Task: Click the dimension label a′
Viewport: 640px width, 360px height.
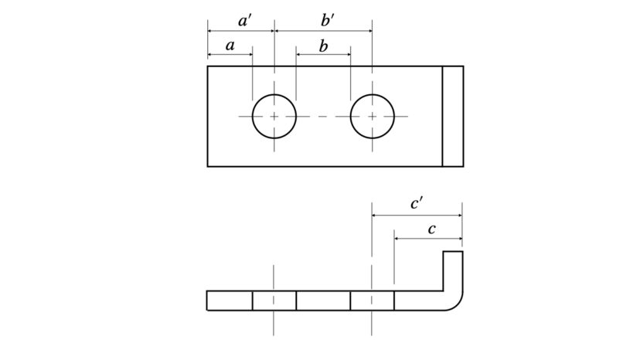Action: tap(244, 21)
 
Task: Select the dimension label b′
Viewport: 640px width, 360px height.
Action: tap(328, 20)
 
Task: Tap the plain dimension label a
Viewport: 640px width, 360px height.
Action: tap(230, 46)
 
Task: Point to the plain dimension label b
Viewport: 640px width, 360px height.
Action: tap(323, 46)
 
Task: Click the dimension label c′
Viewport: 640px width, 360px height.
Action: tap(417, 204)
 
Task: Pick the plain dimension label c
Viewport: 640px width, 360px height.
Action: tap(432, 229)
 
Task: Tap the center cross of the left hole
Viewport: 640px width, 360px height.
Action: tap(274, 117)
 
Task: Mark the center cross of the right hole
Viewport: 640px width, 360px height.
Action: tap(373, 117)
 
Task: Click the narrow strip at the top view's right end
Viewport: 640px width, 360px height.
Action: tap(453, 117)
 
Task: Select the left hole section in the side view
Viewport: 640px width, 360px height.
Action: tap(274, 301)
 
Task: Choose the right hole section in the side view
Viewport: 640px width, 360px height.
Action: tap(373, 301)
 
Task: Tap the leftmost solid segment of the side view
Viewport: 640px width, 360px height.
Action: tap(230, 301)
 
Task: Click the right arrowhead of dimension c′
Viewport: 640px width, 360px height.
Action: tap(459, 215)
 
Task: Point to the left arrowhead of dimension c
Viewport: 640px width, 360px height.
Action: tap(397, 239)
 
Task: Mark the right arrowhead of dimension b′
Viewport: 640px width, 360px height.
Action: tap(369, 31)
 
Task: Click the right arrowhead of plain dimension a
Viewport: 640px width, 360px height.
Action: tap(249, 54)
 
